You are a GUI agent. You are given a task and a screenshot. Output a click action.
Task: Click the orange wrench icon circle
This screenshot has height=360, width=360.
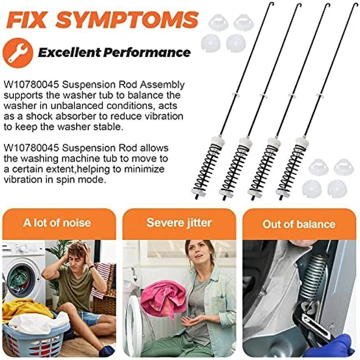[18, 53]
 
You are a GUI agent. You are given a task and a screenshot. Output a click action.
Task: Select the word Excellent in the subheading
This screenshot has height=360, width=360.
[69, 52]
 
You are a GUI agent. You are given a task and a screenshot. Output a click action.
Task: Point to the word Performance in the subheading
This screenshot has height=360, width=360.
[147, 52]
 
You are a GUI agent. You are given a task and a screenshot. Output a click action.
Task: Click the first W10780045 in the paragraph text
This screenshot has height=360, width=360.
[31, 85]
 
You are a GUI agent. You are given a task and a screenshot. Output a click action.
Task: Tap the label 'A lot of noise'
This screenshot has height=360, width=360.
[57, 223]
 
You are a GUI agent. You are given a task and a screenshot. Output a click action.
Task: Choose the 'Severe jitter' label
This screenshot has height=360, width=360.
[179, 222]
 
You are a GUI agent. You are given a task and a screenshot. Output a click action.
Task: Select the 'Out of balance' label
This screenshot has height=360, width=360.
[299, 224]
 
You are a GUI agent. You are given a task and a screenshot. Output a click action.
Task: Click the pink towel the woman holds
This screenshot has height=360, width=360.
[163, 298]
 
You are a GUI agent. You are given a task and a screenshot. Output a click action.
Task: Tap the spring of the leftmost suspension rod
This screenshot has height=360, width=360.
[207, 168]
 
